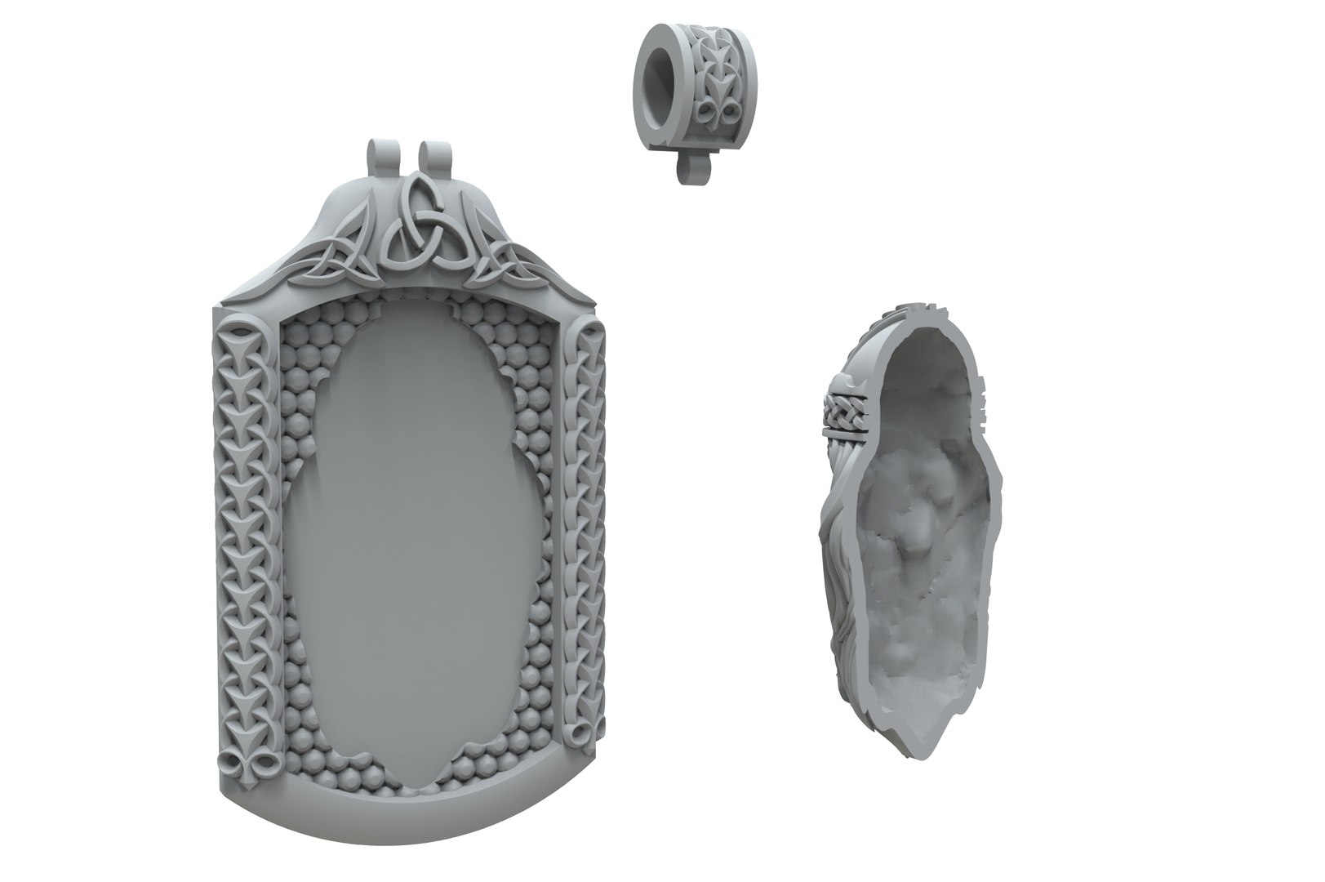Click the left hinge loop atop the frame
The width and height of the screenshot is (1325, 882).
click(376, 155)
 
